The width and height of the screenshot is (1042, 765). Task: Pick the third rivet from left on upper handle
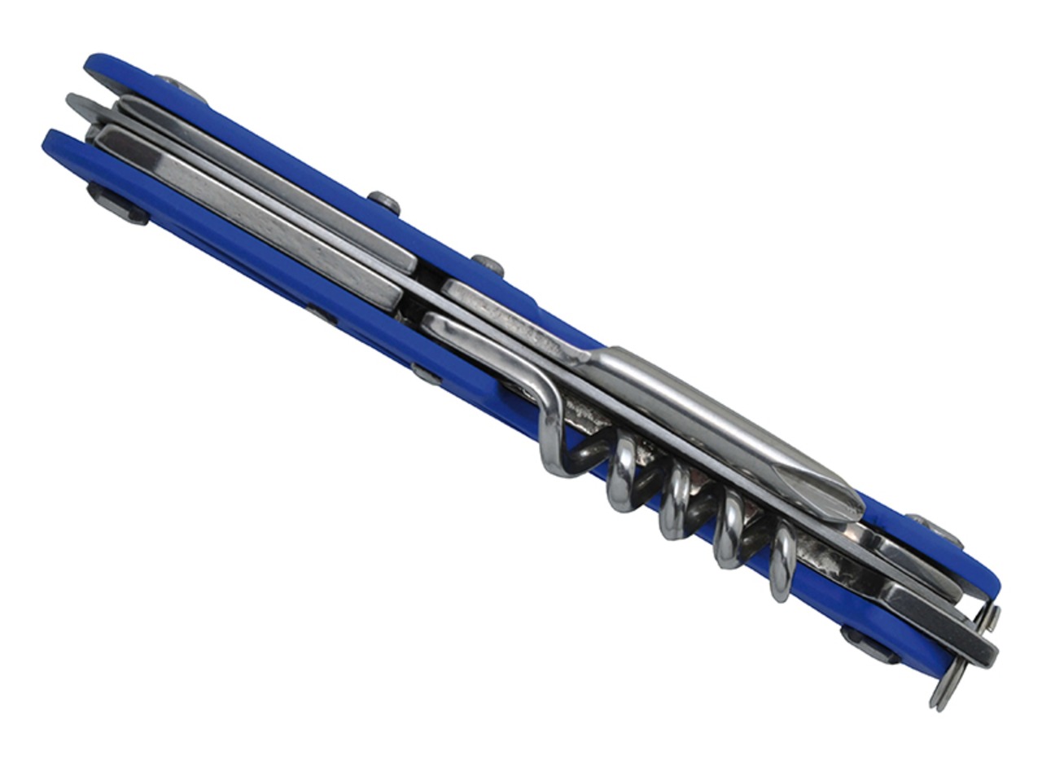[x=488, y=265]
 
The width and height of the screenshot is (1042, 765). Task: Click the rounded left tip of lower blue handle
[x=53, y=143]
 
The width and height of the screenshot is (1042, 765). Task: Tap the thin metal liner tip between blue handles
[x=77, y=103]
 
